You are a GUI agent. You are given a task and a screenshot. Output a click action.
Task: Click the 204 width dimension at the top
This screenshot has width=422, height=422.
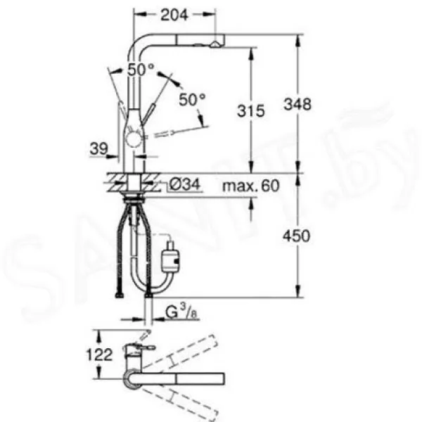pyautogui.click(x=174, y=15)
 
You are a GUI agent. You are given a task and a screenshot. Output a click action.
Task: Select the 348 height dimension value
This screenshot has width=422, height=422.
pyautogui.click(x=298, y=104)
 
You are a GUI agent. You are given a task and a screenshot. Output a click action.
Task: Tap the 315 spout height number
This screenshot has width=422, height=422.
pyautogui.click(x=251, y=111)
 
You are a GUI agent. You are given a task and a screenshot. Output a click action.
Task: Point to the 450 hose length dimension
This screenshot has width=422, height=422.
pyautogui.click(x=296, y=236)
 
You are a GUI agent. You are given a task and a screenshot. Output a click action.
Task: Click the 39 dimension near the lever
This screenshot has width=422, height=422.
pyautogui.click(x=98, y=148)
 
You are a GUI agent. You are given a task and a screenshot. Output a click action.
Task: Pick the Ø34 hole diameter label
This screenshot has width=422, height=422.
pyautogui.click(x=186, y=184)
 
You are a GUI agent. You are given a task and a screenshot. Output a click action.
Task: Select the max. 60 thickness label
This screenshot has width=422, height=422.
pyautogui.click(x=251, y=186)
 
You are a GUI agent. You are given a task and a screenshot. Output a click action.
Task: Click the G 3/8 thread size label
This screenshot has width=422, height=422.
pyautogui.click(x=182, y=312)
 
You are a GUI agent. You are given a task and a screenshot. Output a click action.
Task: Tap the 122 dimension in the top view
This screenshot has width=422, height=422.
pyautogui.click(x=99, y=354)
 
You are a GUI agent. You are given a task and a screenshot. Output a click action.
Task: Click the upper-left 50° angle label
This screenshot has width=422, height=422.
pyautogui.click(x=141, y=70)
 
